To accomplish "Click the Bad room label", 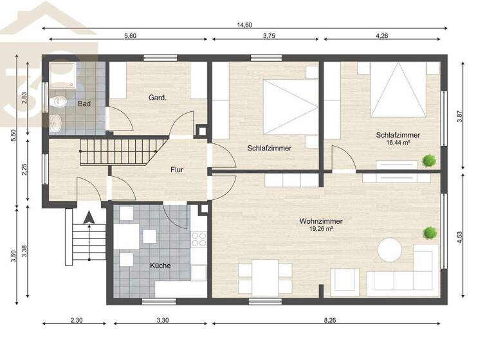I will coord(84,104).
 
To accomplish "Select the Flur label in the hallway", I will coord(178,170).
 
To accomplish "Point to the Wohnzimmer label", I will coord(320,221).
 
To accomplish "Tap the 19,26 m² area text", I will coord(320,229).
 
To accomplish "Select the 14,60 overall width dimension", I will coord(245,24).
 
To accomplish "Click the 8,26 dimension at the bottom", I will coord(329,319).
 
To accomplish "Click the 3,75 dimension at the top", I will coord(269,37).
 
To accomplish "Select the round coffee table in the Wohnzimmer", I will coord(390,250).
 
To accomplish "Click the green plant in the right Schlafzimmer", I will coord(427,160).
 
